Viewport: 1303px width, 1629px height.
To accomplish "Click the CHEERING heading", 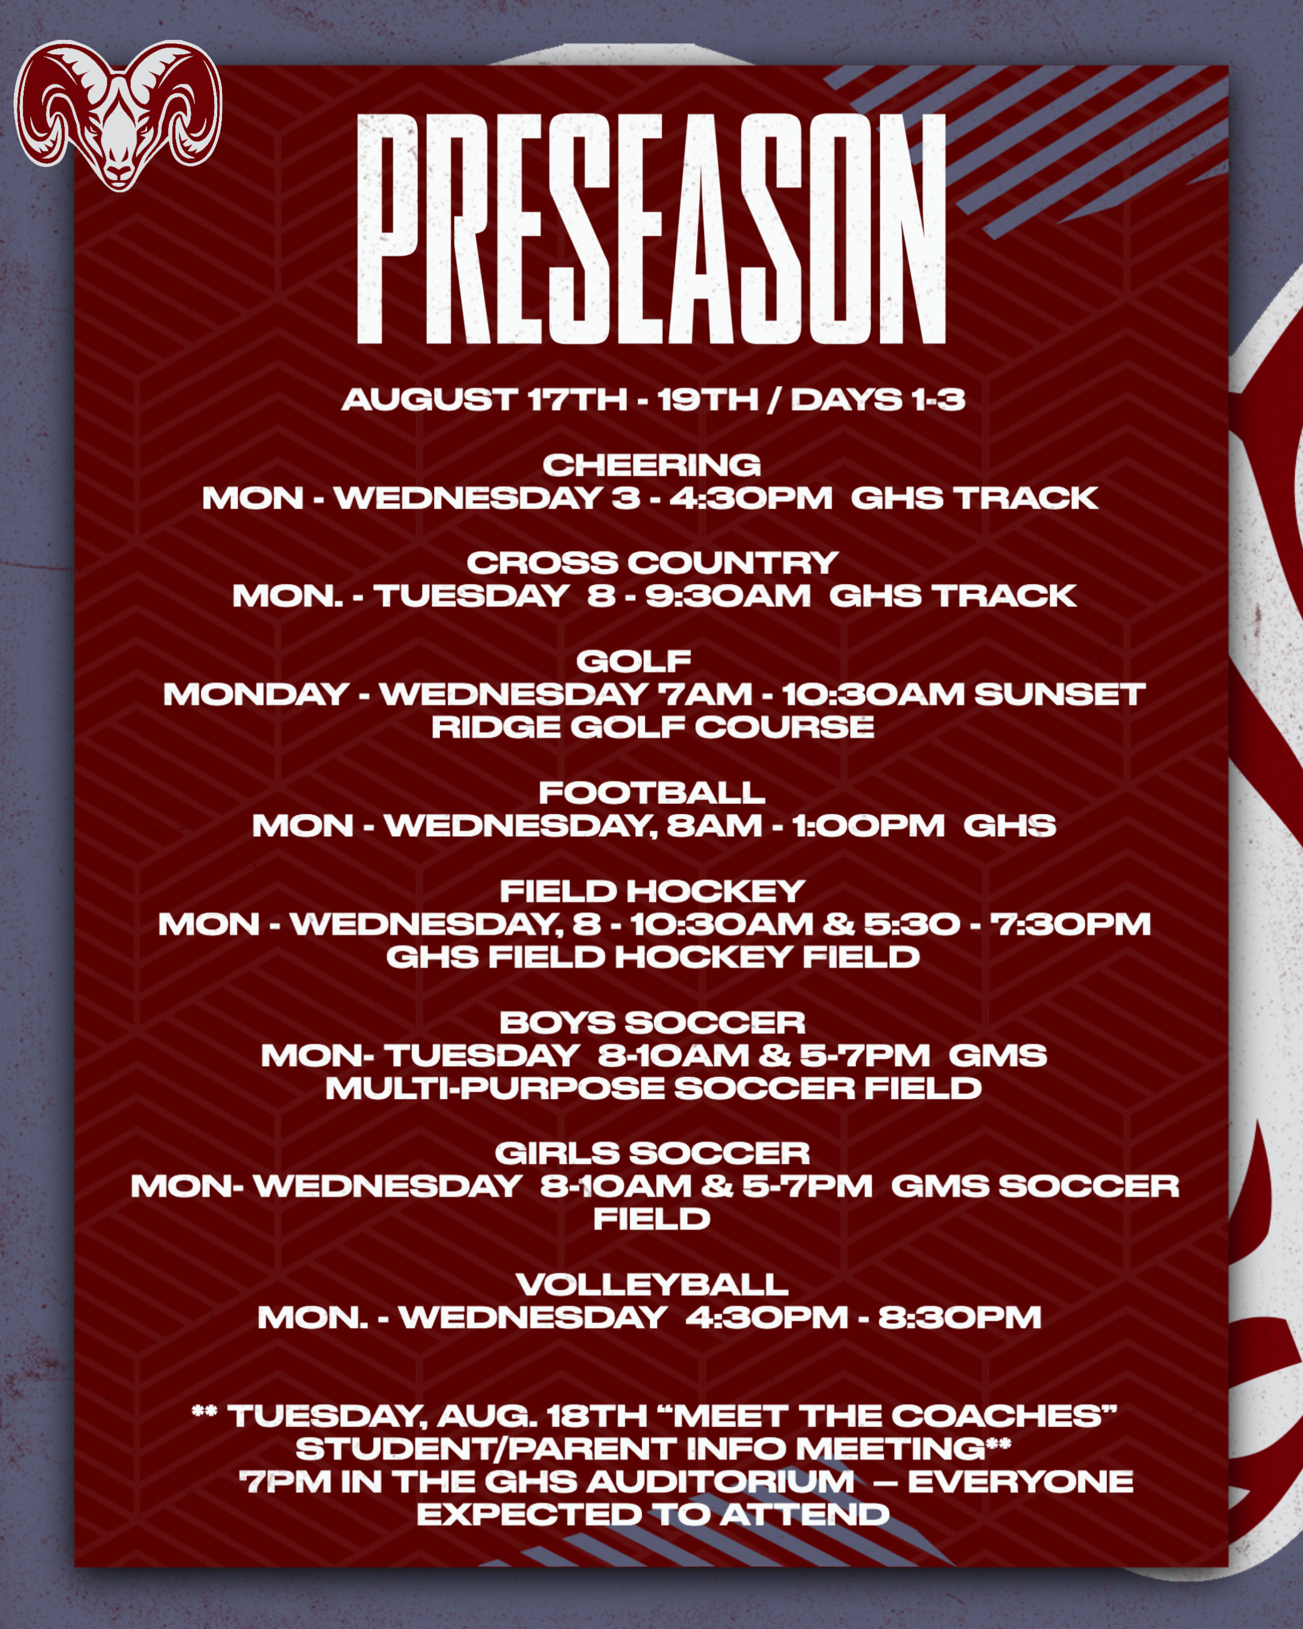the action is [651, 465].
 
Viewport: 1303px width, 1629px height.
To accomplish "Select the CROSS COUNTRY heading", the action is [652, 563].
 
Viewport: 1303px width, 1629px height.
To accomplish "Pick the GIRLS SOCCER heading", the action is [652, 1154].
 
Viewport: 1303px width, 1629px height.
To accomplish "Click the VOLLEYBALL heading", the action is [652, 1285].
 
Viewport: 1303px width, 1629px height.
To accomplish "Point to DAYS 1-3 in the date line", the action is [878, 399].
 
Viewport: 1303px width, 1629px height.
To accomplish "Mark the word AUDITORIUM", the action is [721, 1482].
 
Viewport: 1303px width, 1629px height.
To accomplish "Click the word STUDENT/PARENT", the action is [485, 1449].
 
